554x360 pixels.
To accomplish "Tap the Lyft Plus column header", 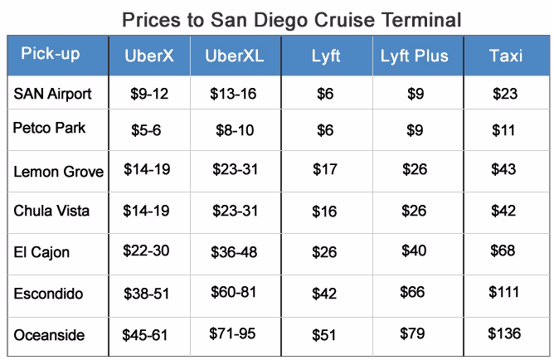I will tap(414, 56).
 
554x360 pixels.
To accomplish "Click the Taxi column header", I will tap(505, 56).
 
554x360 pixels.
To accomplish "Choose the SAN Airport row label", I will tap(52, 94).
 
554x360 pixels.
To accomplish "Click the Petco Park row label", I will tap(49, 129).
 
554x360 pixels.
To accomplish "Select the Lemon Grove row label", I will tap(58, 172).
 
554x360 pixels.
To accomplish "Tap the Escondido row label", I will tap(48, 294).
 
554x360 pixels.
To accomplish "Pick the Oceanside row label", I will tap(49, 334).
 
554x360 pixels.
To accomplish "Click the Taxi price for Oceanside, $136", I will tap(504, 333).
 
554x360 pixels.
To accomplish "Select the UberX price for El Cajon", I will tap(146, 251).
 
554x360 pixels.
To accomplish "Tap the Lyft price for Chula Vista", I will tap(324, 212).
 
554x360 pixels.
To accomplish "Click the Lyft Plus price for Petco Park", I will tap(415, 130).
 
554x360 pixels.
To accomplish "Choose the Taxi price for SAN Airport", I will tap(504, 95).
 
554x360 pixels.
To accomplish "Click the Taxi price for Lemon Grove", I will tap(504, 170).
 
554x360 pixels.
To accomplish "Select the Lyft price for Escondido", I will tap(324, 294).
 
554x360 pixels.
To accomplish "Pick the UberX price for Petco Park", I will tap(147, 130).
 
